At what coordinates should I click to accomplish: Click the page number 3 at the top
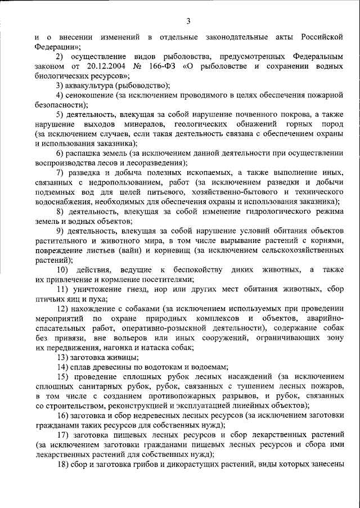[188, 21]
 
